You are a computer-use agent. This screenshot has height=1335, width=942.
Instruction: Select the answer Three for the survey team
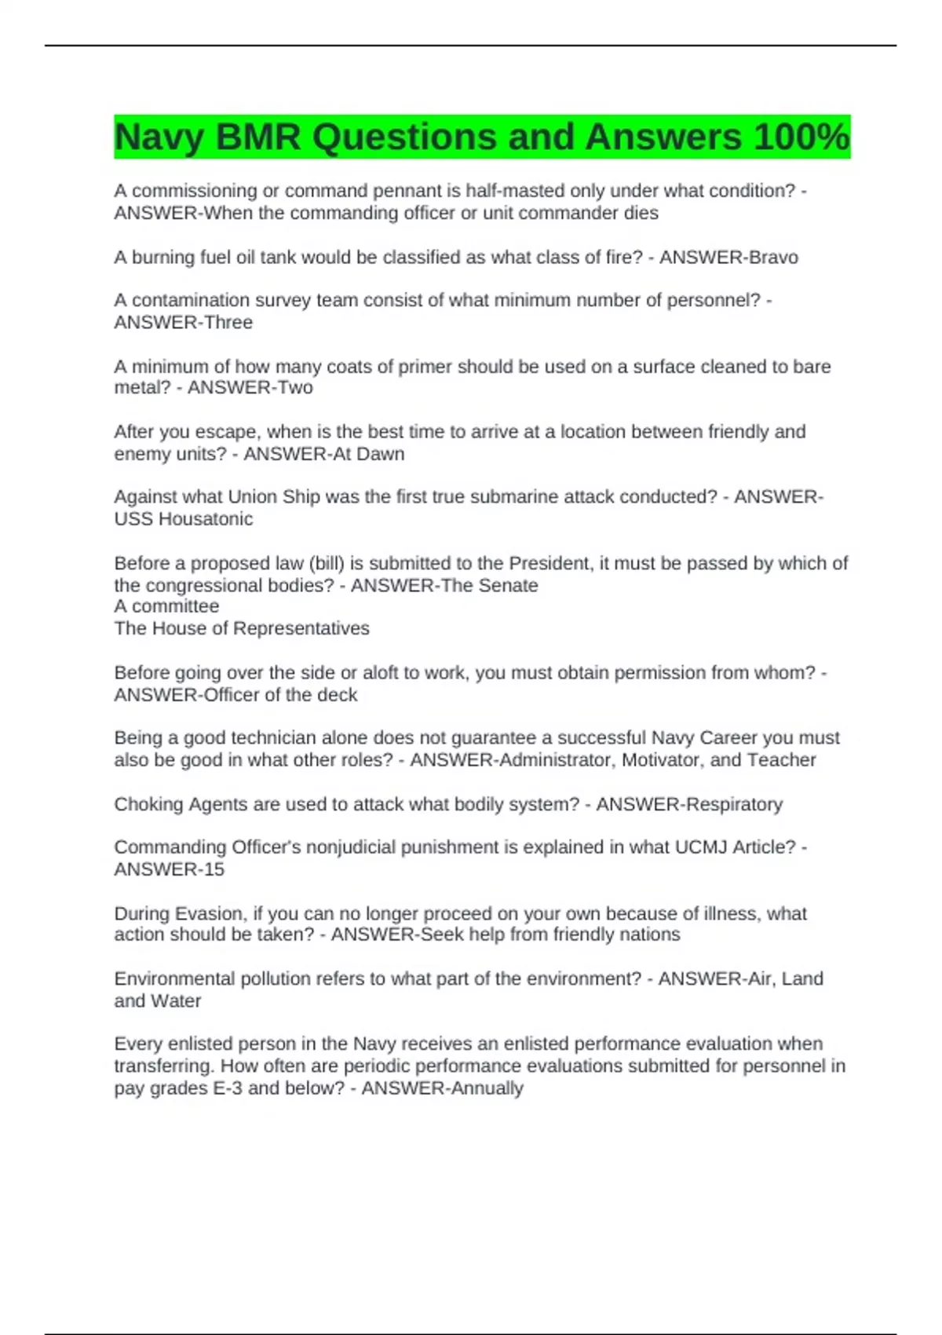228,323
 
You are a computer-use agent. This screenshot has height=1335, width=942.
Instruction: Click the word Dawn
381,454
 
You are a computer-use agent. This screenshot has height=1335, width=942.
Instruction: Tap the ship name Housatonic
206,519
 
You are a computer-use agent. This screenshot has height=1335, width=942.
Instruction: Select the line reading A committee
166,606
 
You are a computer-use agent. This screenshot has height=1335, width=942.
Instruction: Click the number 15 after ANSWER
214,869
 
